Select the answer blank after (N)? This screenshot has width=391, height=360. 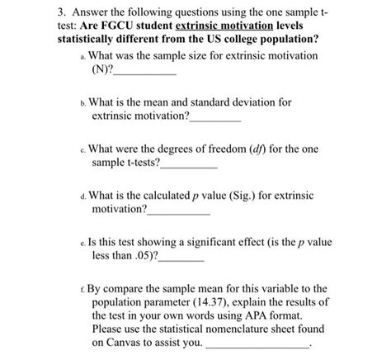tap(148, 73)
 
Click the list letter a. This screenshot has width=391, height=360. tap(82, 58)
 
